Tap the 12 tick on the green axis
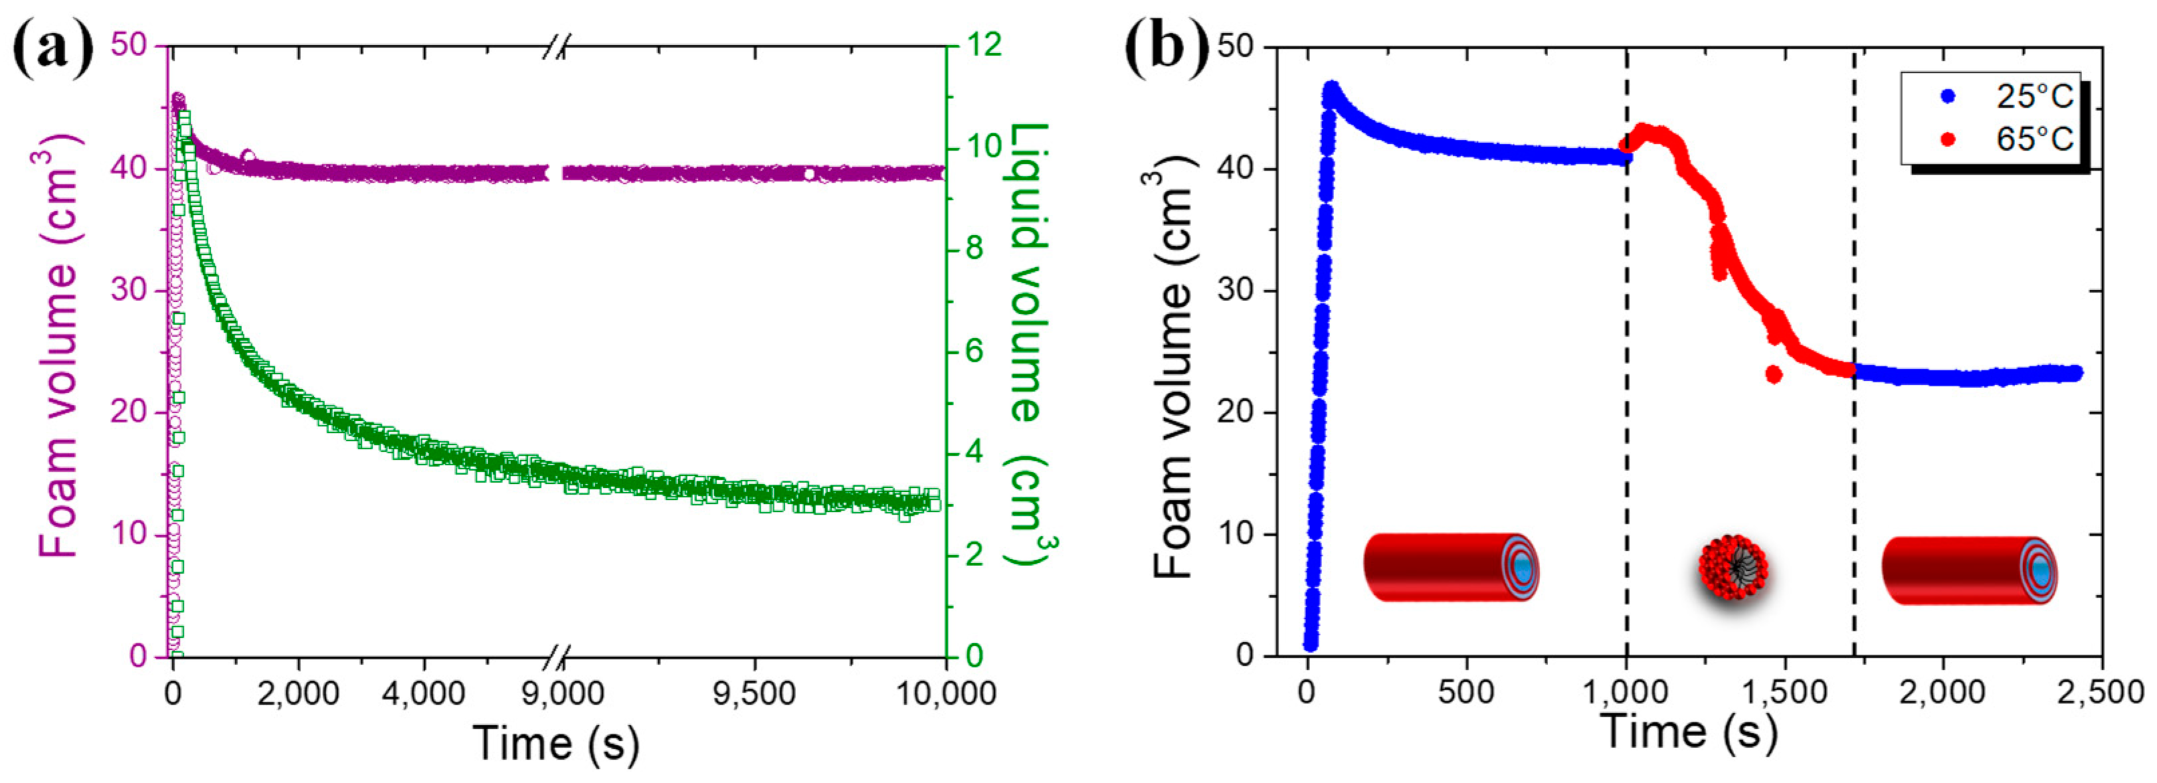(x=981, y=46)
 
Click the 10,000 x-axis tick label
(x=945, y=694)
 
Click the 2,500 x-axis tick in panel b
(x=2101, y=693)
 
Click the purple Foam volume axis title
(x=59, y=343)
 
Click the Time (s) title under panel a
(x=556, y=743)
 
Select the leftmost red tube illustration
(x=1450, y=567)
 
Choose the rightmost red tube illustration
(x=1970, y=570)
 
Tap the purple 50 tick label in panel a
(x=129, y=46)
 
